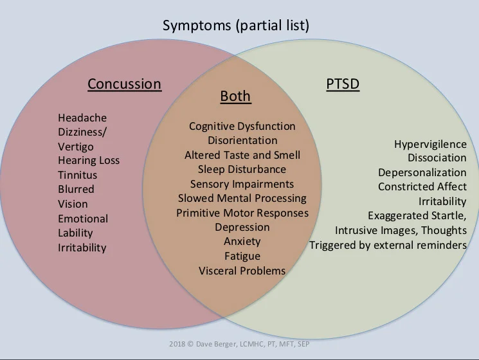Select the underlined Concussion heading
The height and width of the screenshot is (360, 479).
pos(124,84)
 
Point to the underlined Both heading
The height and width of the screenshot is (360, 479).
pos(235,97)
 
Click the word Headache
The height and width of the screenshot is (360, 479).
pos(82,118)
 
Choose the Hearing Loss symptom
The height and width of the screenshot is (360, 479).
pos(89,160)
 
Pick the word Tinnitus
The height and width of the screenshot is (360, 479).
pos(78,175)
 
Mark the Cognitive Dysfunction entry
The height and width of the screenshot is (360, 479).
pos(242,126)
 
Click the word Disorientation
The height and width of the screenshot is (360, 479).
pos(242,140)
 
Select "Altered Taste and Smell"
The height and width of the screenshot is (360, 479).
pos(242,155)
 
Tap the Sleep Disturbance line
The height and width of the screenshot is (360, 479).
pos(242,169)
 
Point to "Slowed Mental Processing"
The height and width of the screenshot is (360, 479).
pos(242,198)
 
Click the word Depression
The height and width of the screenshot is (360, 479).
pos(242,227)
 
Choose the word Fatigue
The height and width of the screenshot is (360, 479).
pos(242,256)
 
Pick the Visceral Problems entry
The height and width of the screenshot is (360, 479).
pos(242,271)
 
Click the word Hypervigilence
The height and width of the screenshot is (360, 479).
pos(430,144)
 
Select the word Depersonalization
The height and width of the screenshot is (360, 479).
pos(422,172)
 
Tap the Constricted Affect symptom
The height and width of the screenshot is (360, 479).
pos(422,186)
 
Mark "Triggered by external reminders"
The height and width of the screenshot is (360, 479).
pos(388,245)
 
